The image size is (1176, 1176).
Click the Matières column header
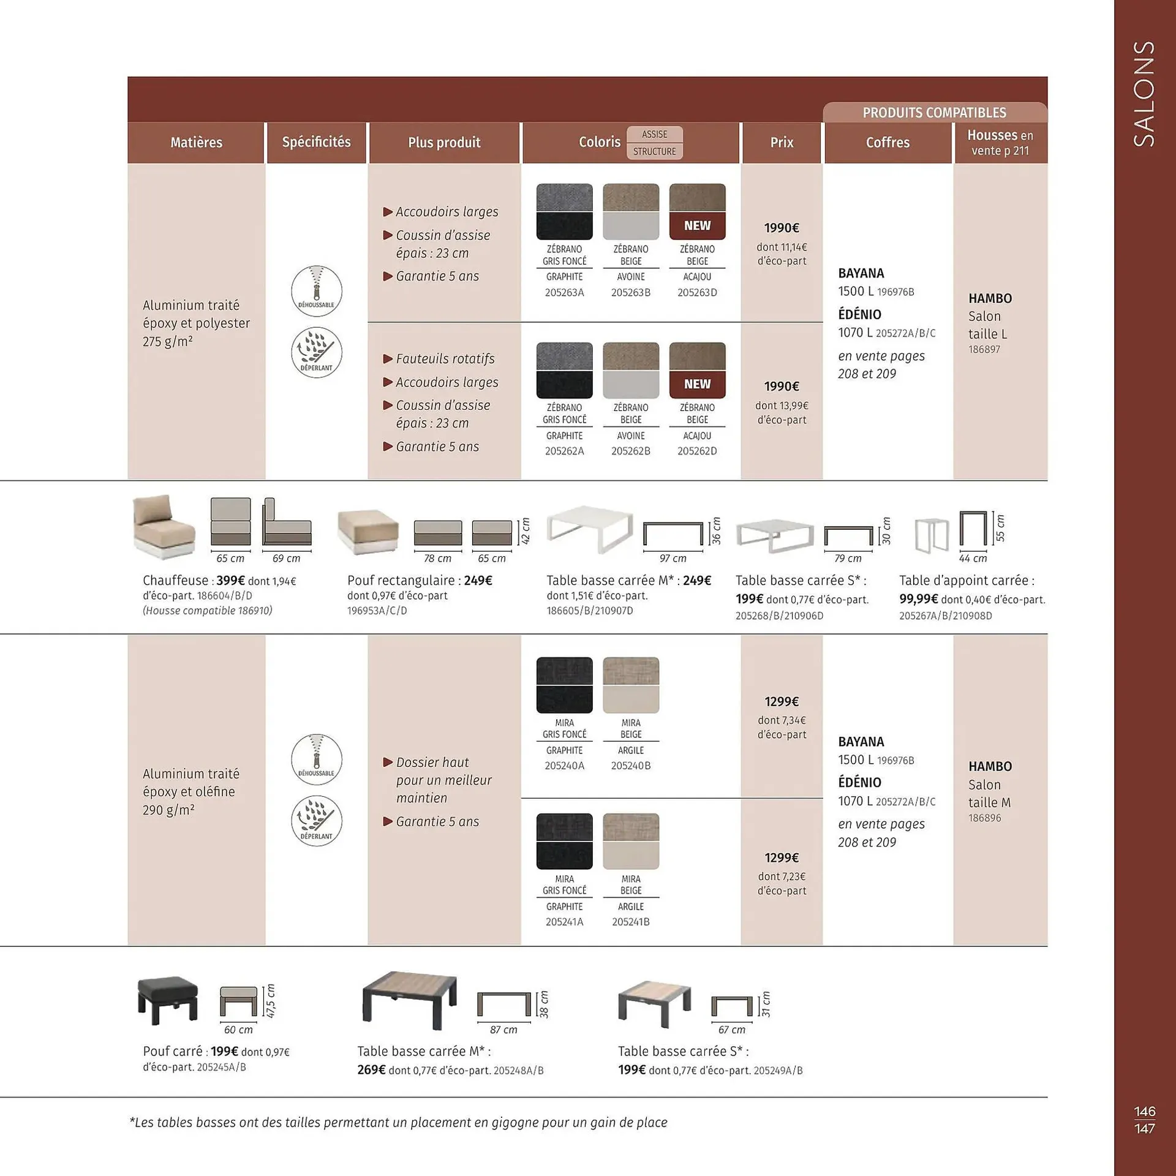(x=196, y=143)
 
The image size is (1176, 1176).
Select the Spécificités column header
(x=316, y=142)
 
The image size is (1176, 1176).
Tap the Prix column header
(x=782, y=143)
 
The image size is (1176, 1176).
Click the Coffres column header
(x=888, y=143)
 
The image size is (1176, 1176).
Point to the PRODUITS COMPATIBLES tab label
(x=934, y=113)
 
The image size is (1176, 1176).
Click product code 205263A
(x=564, y=293)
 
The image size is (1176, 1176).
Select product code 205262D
(x=697, y=451)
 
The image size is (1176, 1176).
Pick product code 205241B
(x=631, y=922)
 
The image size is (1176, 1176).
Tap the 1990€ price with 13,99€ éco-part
(x=782, y=386)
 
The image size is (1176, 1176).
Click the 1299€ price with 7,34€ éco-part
(x=782, y=701)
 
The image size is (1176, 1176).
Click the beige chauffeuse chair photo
(x=164, y=527)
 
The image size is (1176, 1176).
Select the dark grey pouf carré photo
(x=168, y=1000)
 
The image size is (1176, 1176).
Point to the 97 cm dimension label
(x=673, y=559)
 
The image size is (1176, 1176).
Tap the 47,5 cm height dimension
(x=271, y=1001)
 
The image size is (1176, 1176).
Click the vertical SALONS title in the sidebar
(x=1144, y=94)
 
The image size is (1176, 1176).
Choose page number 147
(x=1144, y=1129)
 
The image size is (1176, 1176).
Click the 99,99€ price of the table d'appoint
(x=918, y=600)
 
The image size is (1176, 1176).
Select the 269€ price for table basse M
(x=371, y=1070)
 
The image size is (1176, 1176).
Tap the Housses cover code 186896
(x=984, y=818)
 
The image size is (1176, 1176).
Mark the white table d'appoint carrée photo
(x=932, y=535)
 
